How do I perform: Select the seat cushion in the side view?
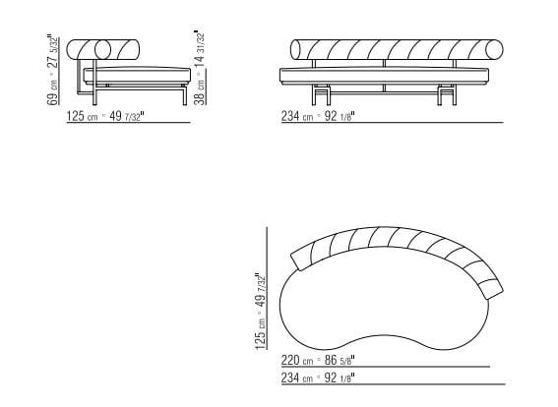(138, 72)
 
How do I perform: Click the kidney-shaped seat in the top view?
(384, 300)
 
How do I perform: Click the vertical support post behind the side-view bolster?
(89, 79)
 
